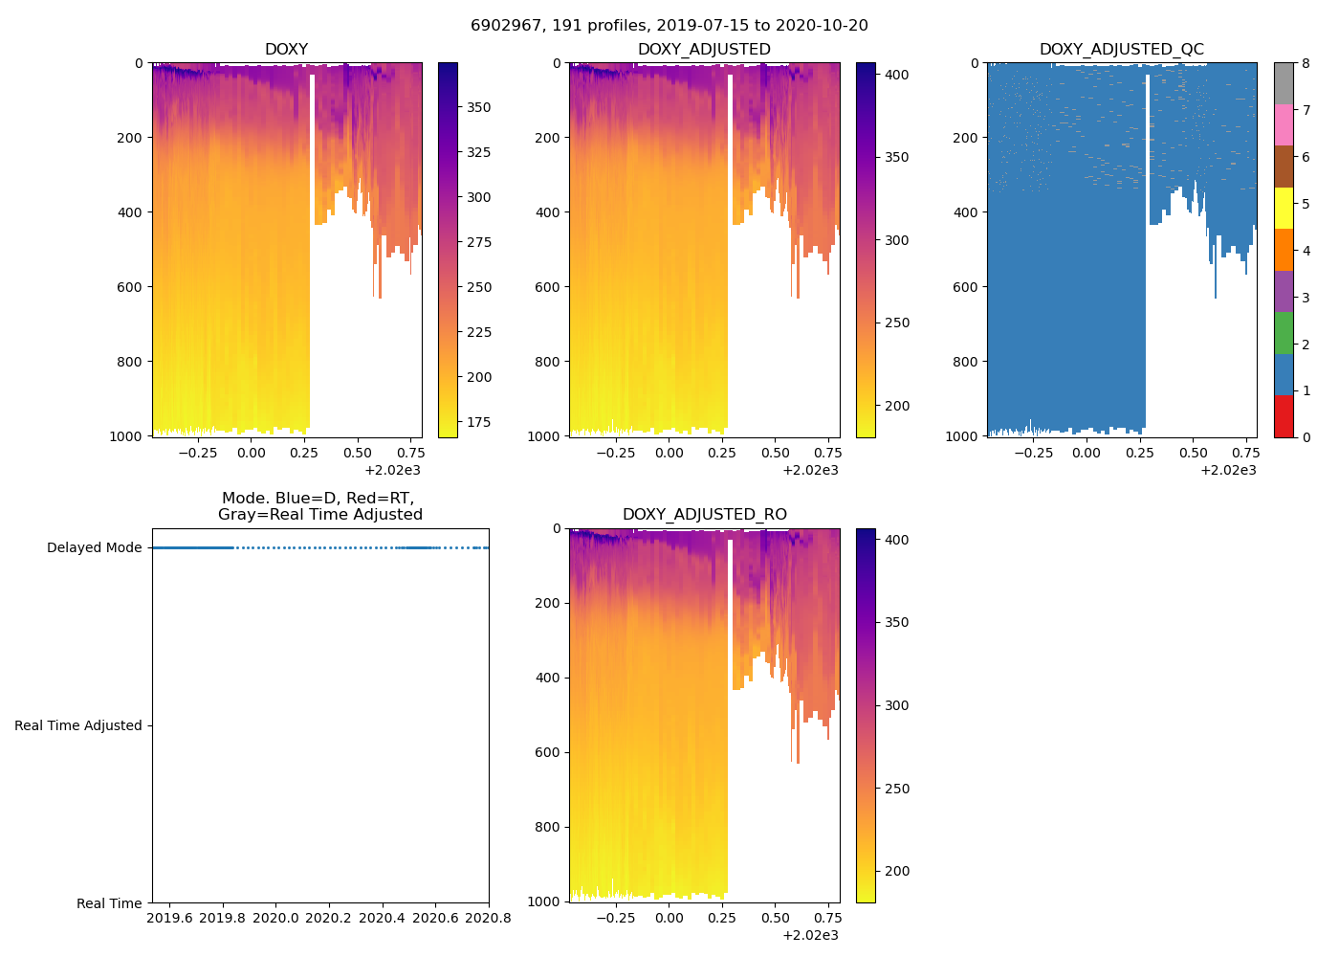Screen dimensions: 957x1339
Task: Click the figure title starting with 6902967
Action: [x=669, y=26]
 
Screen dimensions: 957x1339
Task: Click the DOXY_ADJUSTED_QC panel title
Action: [x=1121, y=50]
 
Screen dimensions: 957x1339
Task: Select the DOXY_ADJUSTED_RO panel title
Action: [x=704, y=515]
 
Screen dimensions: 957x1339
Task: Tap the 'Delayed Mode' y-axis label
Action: [x=94, y=548]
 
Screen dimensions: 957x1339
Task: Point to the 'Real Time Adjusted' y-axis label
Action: [x=78, y=726]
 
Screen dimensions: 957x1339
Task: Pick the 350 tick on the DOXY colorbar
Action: [x=478, y=108]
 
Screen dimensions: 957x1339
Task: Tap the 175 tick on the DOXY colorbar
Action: [x=478, y=422]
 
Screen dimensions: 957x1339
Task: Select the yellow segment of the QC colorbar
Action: [x=1284, y=208]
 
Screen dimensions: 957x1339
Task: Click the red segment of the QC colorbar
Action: [x=1284, y=416]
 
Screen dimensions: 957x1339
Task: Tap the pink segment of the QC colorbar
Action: [x=1284, y=124]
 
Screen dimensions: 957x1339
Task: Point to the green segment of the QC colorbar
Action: [x=1284, y=333]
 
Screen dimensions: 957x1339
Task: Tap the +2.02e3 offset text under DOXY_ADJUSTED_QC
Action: [x=1228, y=470]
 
